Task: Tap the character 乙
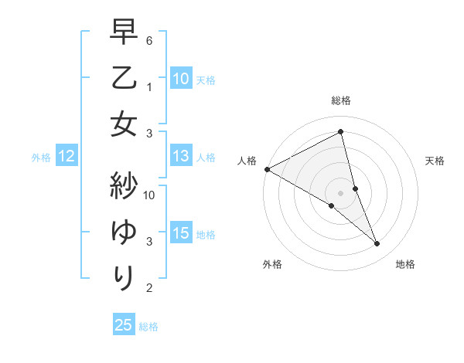[124, 80]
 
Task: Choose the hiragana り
[124, 276]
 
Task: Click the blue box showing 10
[180, 78]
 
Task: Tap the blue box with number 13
[180, 157]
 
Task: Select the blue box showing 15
[180, 234]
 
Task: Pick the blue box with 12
[66, 157]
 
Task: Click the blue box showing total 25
[123, 325]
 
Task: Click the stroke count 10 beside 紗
[149, 195]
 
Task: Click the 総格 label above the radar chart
[340, 100]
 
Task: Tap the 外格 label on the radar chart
[272, 264]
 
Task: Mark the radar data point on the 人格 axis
[267, 168]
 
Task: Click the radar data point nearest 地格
[377, 244]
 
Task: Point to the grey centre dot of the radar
[340, 192]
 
